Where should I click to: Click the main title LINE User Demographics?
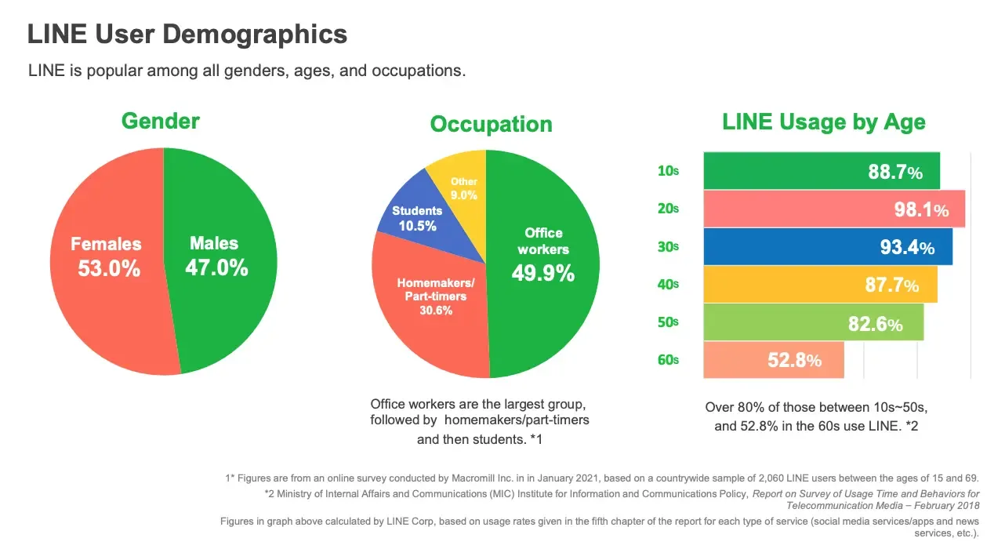pyautogui.click(x=187, y=35)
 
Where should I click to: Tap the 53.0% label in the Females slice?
pyautogui.click(x=108, y=269)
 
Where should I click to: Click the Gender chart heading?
pyautogui.click(x=160, y=122)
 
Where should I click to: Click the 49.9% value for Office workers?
pyautogui.click(x=542, y=274)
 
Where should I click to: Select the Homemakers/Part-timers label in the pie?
pyautogui.click(x=435, y=289)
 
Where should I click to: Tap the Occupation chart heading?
pyautogui.click(x=491, y=125)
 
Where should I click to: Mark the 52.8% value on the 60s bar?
pyautogui.click(x=794, y=361)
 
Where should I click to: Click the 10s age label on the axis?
pyautogui.click(x=667, y=171)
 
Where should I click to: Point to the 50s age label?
pyautogui.click(x=667, y=322)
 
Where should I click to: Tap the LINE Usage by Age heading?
pyautogui.click(x=823, y=122)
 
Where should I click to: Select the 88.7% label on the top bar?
pyautogui.click(x=894, y=173)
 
